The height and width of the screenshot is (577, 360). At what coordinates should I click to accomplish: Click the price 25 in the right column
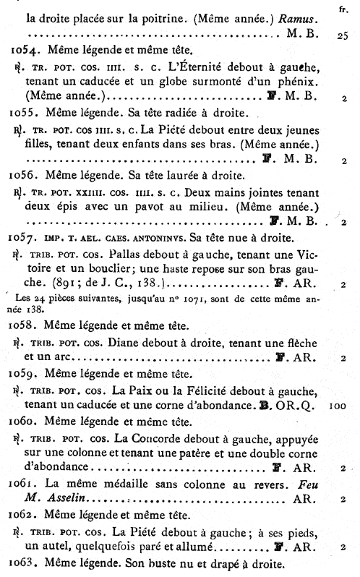coord(343,34)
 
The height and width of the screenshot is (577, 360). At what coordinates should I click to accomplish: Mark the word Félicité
coord(189,391)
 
